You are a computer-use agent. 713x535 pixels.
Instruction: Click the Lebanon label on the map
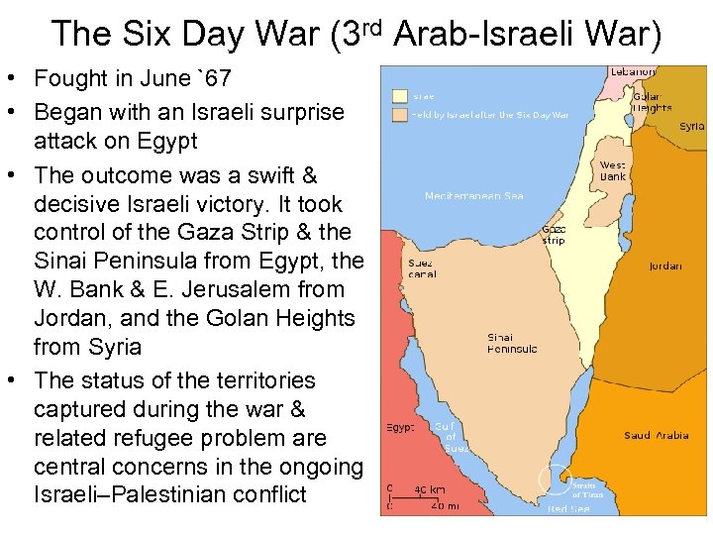click(x=632, y=71)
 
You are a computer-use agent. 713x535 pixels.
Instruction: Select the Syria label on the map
click(x=691, y=127)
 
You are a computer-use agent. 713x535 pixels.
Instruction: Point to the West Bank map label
click(x=614, y=171)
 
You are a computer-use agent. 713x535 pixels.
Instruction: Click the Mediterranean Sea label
click(x=474, y=196)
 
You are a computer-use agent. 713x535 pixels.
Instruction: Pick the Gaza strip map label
click(x=554, y=235)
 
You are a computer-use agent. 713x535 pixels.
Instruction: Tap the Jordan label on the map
click(x=664, y=266)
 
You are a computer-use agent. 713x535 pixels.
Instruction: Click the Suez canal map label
click(x=422, y=268)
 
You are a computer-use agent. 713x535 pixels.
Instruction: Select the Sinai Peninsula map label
click(x=512, y=344)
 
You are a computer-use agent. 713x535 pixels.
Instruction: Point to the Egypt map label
click(x=400, y=428)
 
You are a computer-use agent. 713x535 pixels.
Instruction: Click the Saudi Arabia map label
click(x=656, y=435)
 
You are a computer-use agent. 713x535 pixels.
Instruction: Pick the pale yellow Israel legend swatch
click(x=400, y=96)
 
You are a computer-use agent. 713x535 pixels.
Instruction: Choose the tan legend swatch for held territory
click(x=400, y=115)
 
